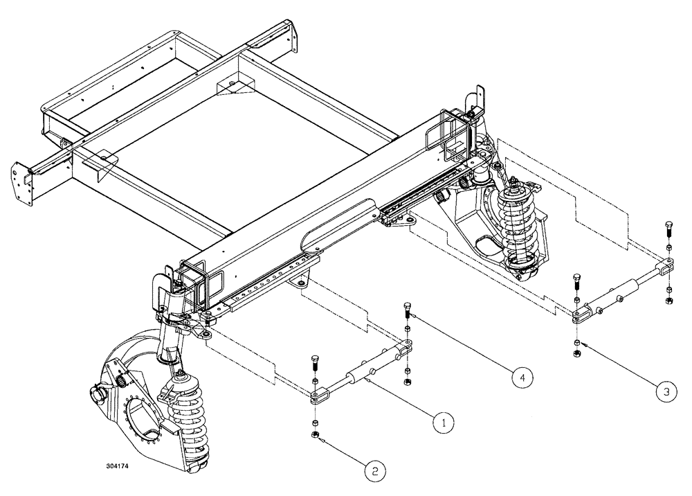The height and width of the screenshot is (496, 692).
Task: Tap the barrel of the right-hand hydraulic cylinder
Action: pyautogui.click(x=627, y=290)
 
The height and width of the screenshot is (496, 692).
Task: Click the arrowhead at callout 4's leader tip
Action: pyautogui.click(x=411, y=315)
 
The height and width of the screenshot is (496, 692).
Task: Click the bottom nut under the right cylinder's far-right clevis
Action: pyautogui.click(x=668, y=301)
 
